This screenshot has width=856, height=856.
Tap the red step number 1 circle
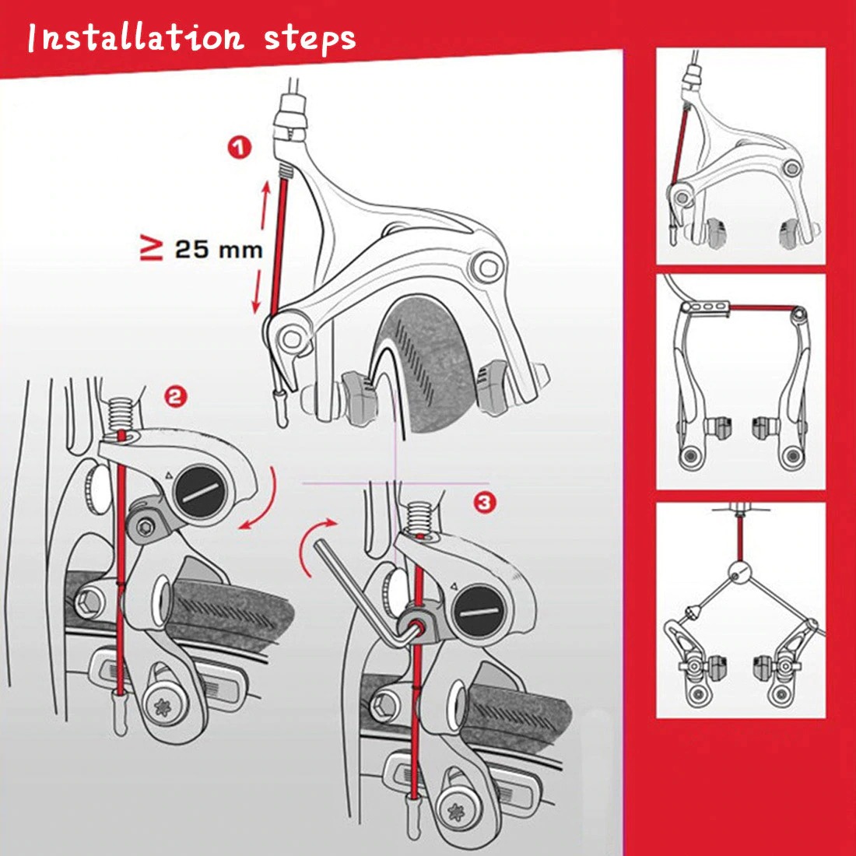(240, 147)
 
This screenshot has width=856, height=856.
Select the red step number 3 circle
(484, 503)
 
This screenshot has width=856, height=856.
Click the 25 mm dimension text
(218, 250)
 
